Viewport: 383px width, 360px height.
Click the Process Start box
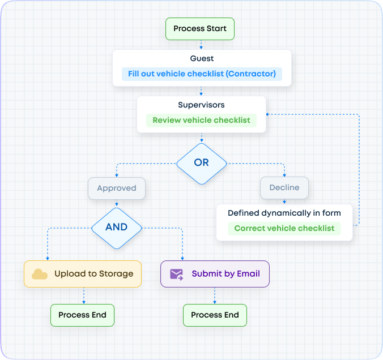(199, 29)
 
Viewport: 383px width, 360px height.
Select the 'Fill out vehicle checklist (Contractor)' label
(202, 74)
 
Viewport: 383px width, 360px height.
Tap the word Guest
(202, 58)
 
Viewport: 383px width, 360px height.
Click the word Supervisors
(201, 105)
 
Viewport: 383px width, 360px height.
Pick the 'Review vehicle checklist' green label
(201, 121)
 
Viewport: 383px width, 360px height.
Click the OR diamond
(201, 162)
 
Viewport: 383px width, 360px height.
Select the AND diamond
(116, 227)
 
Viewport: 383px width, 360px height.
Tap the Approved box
(116, 188)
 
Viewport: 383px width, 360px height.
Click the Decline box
(284, 188)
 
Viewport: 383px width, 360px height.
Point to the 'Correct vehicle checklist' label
(284, 229)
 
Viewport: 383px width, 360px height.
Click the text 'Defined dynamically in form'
(284, 213)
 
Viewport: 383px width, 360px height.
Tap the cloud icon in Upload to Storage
(40, 274)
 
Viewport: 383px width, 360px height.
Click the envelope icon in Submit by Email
(177, 274)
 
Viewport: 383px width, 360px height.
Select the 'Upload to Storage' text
(93, 274)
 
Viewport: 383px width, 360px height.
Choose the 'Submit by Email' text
(225, 274)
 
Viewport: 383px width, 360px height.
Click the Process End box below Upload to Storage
(82, 315)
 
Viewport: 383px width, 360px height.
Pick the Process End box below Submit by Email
(215, 315)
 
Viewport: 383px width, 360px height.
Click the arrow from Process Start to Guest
(201, 45)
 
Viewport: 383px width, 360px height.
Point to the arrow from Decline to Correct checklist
(284, 201)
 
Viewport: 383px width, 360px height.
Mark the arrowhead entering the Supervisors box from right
(269, 114)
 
